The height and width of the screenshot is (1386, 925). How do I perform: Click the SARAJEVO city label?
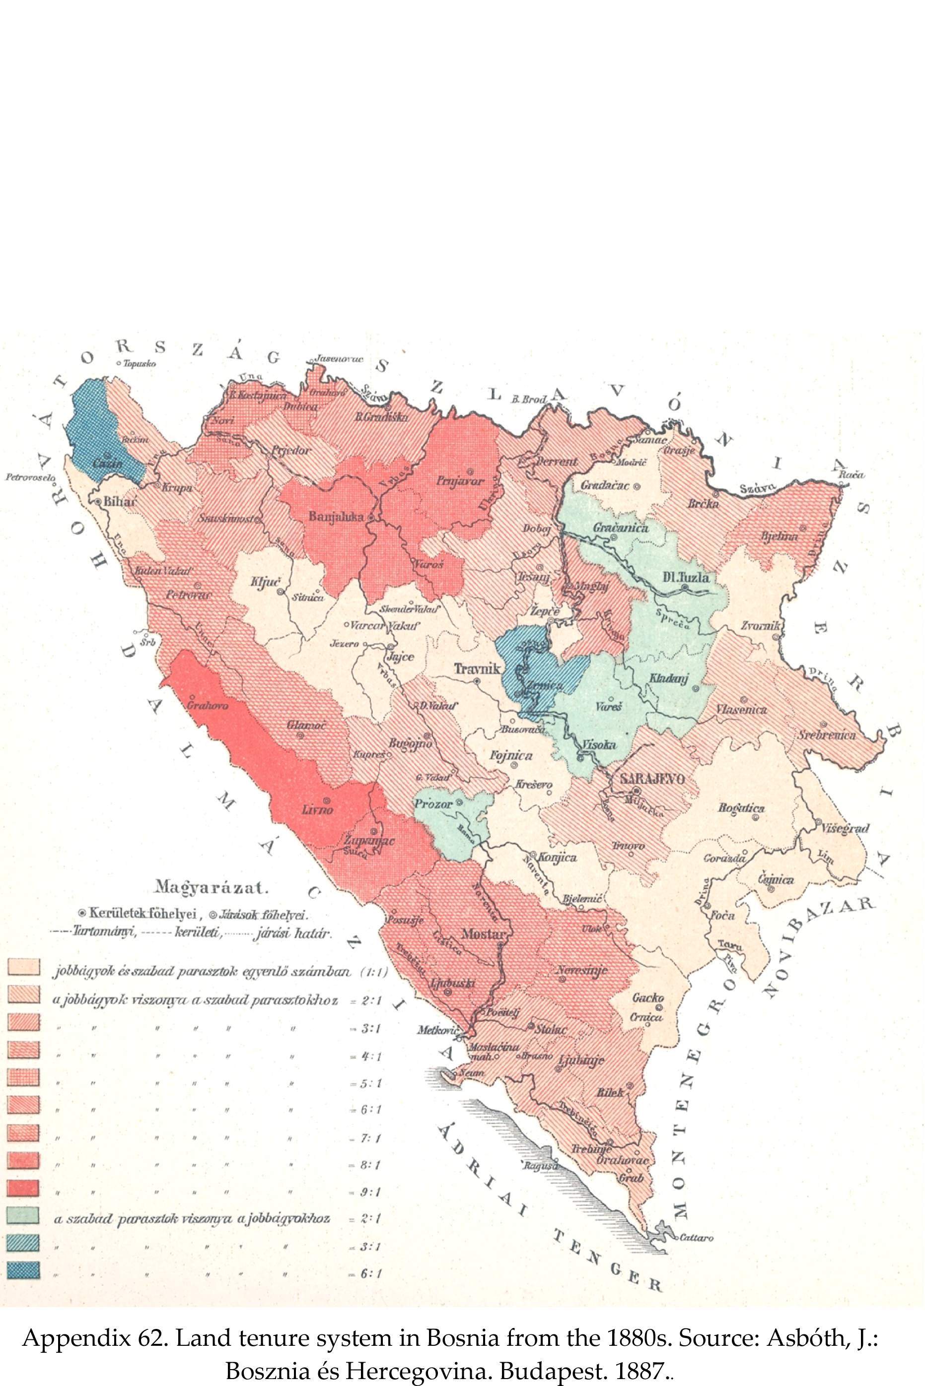tap(652, 779)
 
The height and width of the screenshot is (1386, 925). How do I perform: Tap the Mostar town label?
tap(483, 934)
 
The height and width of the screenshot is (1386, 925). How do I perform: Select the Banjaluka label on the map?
tap(336, 517)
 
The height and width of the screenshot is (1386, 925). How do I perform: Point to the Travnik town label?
tap(477, 668)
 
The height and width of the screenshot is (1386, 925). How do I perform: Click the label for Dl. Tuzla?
tap(686, 577)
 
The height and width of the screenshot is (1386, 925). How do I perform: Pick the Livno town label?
tap(317, 809)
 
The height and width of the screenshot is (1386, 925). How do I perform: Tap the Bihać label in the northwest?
tap(120, 502)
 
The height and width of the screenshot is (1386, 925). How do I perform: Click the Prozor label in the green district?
tap(433, 803)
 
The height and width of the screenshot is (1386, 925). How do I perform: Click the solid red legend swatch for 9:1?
tap(24, 1188)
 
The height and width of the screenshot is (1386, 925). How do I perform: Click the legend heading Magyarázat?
tap(211, 887)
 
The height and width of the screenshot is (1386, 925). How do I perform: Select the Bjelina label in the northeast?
tap(779, 536)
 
